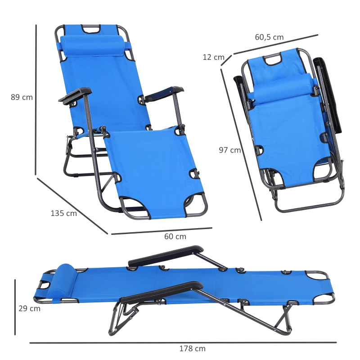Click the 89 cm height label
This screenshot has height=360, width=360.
(x=22, y=97)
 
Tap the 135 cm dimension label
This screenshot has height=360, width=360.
(x=63, y=213)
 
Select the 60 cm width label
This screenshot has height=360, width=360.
(x=175, y=236)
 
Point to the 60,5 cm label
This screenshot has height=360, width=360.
(x=269, y=37)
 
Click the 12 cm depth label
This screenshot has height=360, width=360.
(x=213, y=57)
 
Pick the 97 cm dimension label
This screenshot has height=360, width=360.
(x=230, y=150)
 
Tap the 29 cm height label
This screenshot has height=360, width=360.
(x=29, y=309)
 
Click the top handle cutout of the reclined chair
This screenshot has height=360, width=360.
(x=91, y=30)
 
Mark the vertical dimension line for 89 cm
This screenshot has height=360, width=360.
(x=36, y=99)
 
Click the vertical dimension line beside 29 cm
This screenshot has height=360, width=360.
(x=15, y=307)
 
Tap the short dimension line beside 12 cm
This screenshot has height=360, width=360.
(x=226, y=60)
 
